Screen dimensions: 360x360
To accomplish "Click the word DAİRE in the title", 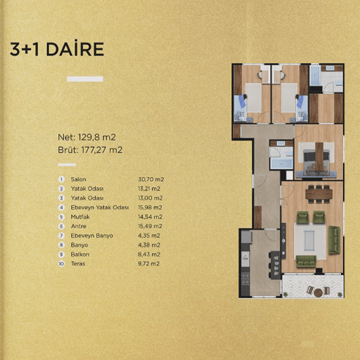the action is (75, 49).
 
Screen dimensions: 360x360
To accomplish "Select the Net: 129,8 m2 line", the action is (87, 137).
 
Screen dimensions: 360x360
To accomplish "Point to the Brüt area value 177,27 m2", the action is (102, 150).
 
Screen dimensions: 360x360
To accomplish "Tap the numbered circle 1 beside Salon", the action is (61, 179).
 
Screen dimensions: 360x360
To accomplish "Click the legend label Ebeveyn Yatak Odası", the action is (100, 208).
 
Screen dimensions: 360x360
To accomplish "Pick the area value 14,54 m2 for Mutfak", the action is (150, 217).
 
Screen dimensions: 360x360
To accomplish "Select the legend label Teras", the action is (78, 264).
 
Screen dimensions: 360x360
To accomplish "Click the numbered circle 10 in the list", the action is (61, 264).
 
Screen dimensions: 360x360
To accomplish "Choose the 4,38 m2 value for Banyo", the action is (149, 245).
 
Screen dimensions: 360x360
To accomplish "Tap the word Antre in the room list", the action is (79, 226).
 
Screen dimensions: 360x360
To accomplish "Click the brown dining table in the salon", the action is (319, 194).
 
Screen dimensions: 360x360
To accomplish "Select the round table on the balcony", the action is (318, 293).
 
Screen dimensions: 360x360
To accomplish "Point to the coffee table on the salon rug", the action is (310, 240).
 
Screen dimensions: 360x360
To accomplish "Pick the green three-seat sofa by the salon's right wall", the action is (334, 240).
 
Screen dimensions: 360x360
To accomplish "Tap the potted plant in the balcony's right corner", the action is (340, 294).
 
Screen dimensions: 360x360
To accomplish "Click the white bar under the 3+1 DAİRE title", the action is (85, 79).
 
